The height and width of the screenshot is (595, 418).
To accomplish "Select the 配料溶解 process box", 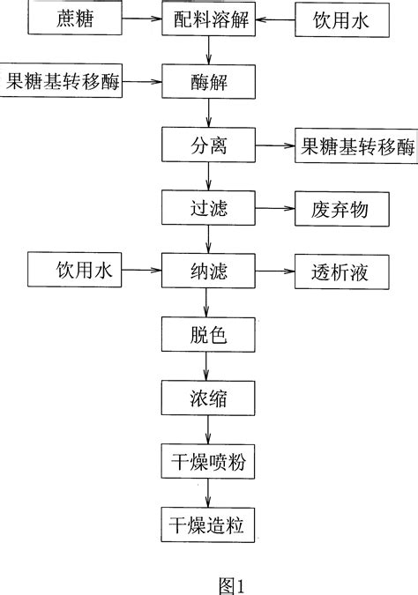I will tap(208, 18).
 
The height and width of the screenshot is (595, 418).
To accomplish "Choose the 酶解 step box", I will tap(208, 86).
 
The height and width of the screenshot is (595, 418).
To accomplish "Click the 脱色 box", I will tap(208, 335).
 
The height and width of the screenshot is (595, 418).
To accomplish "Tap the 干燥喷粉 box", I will tap(208, 460).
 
